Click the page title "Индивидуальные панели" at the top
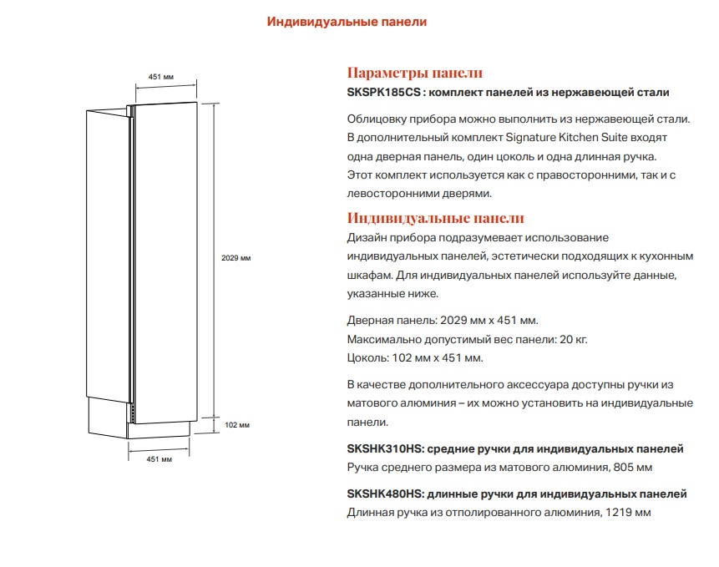[347, 23]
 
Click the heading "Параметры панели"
[414, 73]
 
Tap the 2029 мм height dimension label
[236, 258]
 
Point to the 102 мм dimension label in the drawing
[237, 425]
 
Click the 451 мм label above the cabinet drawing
[160, 77]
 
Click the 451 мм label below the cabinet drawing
[159, 459]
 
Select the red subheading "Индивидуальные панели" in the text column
[435, 219]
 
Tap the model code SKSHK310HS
[384, 448]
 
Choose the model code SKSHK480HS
[385, 494]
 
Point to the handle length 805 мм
[633, 467]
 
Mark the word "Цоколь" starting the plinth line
[365, 358]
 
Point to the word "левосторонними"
[389, 193]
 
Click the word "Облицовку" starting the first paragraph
[375, 118]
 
